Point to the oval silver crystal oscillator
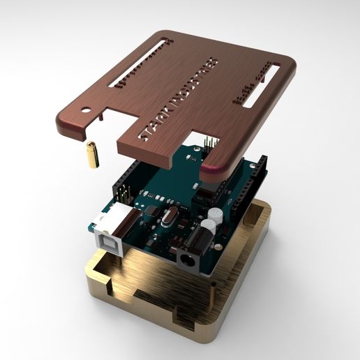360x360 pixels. (x=165, y=221)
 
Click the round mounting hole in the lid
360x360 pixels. (x=87, y=110)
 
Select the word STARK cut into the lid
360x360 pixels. (x=151, y=125)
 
